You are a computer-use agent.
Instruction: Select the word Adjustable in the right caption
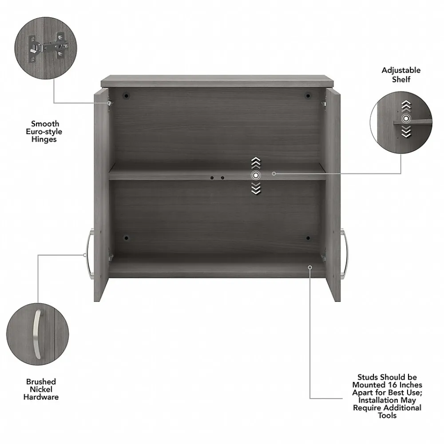pos(401,70)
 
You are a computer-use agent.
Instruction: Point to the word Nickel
pos(41,389)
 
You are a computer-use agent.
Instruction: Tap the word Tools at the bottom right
pos(387,415)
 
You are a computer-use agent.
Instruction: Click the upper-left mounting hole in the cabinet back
pos(126,95)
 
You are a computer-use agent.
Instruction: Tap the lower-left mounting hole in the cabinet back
pos(126,238)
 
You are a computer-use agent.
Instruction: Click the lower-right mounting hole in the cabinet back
pos(307,238)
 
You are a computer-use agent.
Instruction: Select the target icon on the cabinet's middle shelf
pos(255,175)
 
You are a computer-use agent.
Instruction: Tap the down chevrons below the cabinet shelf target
pos(255,190)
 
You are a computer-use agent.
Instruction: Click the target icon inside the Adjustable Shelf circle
pos(406,119)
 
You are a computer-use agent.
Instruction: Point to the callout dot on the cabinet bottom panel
pos(310,267)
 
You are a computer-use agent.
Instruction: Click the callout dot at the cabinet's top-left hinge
pos(109,103)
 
